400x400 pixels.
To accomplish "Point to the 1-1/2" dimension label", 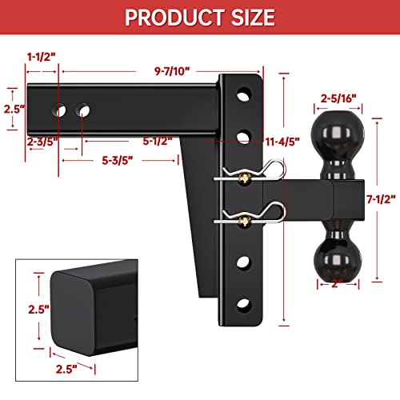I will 42,58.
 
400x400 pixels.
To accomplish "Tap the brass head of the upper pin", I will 241,181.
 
